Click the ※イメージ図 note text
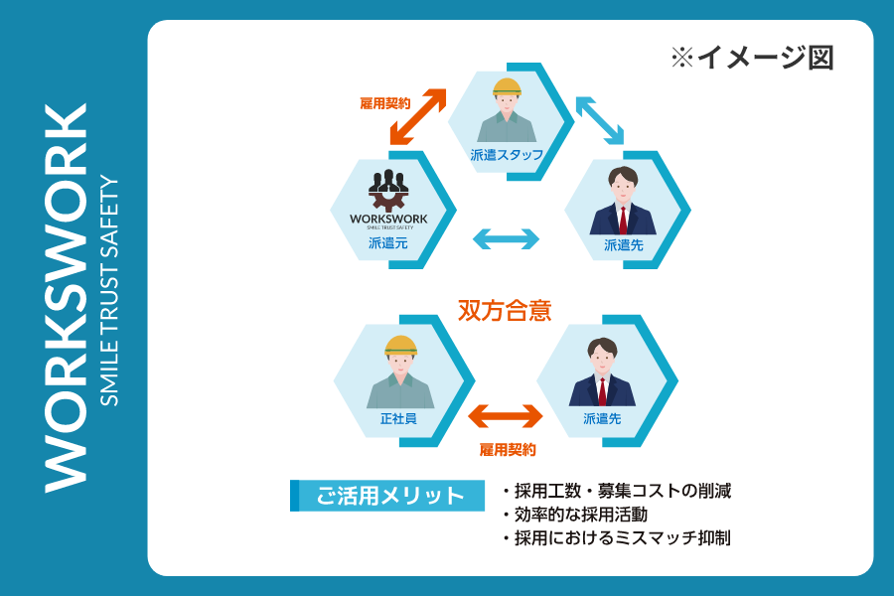coord(752,58)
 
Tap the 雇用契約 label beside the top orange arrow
coord(384,102)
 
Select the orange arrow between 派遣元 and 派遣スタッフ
coord(418,116)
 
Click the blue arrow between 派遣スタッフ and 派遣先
coord(599,120)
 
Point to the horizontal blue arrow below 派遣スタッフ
coord(506,238)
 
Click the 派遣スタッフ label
coord(507,155)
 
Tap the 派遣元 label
coord(387,242)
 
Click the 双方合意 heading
coord(504,309)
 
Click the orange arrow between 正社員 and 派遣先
coord(506,414)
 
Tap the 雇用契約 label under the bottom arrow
coord(508,450)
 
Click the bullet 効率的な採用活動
coord(580,515)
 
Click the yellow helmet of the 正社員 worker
coord(400,345)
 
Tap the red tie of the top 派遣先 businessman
coord(623,218)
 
